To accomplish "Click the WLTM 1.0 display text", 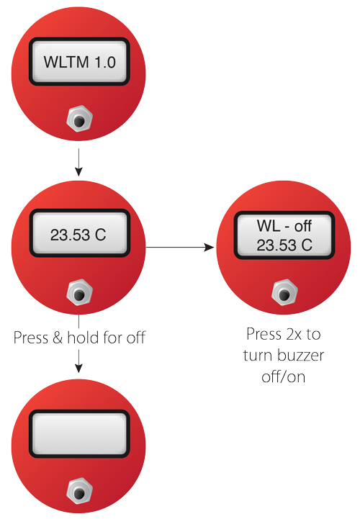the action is [79, 62].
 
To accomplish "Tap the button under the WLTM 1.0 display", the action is [79, 119].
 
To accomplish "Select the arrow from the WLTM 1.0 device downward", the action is [78, 162].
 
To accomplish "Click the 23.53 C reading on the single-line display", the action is [78, 235].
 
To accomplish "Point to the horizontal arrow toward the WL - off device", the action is [180, 247].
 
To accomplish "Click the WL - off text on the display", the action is [284, 226].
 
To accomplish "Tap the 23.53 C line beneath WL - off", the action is [284, 245].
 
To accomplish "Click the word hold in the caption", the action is [84, 338].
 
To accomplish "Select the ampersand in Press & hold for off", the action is [58, 338].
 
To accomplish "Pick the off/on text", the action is [284, 376].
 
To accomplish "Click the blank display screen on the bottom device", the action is [79, 433].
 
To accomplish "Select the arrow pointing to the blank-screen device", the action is [78, 361].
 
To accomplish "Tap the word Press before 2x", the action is [264, 334].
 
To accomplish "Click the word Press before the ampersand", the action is [31, 338].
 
